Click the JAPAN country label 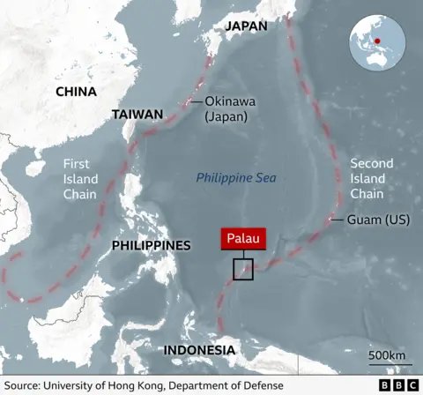tap(245, 26)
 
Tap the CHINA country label tap(76, 92)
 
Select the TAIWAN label tap(137, 115)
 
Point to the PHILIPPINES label tap(151, 245)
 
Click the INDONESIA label tap(198, 351)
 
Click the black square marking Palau tap(243, 270)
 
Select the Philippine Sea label tap(235, 178)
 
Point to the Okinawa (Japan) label tap(226, 108)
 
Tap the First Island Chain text tap(80, 178)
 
